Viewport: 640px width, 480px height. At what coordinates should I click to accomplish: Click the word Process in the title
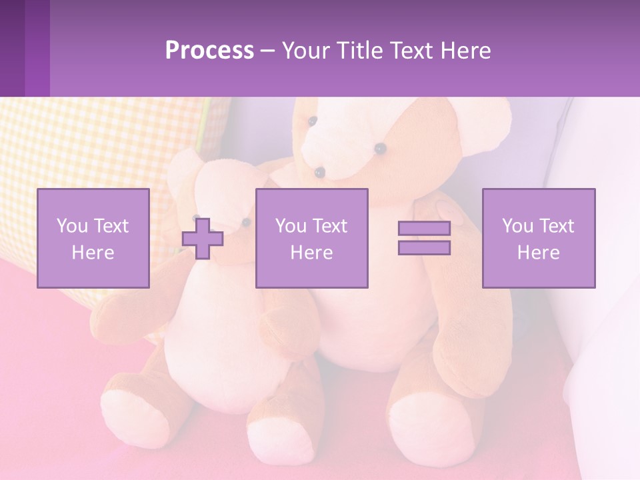pos(209,51)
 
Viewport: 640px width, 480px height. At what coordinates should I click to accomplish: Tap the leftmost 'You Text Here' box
pos(93,238)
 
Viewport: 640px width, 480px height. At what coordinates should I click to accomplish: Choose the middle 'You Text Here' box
pos(311,238)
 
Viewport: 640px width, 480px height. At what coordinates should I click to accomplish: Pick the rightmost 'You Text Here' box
pos(538,238)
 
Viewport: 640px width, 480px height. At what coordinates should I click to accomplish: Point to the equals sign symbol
pos(424,238)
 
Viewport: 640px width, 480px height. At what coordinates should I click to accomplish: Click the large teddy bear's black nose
pos(320,173)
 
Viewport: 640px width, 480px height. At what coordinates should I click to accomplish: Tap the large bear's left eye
pos(312,121)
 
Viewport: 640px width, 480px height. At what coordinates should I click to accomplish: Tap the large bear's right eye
pos(380,148)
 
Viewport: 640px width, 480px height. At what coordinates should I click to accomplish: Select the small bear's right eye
pos(246,221)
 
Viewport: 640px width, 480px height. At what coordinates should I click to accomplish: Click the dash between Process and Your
pos(268,51)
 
